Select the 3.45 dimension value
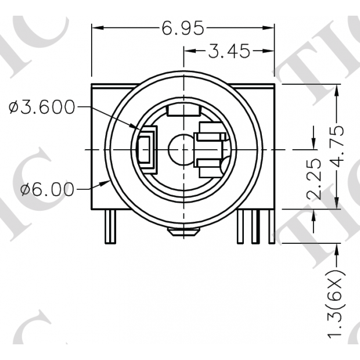(229, 52)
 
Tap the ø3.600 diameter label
(42, 107)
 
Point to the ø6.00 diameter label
(48, 189)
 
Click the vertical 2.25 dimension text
(314, 178)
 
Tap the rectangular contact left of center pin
(146, 150)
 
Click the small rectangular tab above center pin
(183, 109)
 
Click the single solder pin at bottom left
(111, 227)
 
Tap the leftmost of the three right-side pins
(243, 226)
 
